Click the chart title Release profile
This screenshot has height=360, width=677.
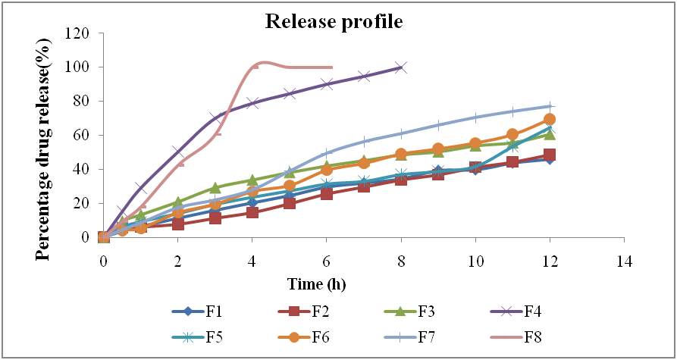334,21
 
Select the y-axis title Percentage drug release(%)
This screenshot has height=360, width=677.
45,136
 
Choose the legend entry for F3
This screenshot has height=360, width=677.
410,311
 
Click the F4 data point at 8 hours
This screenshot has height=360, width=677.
400,67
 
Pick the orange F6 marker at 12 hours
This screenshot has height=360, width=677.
550,119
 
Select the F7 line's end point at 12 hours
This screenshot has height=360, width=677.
550,106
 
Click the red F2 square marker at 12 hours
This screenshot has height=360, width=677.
550,155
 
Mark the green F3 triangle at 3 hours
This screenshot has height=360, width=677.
215,187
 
